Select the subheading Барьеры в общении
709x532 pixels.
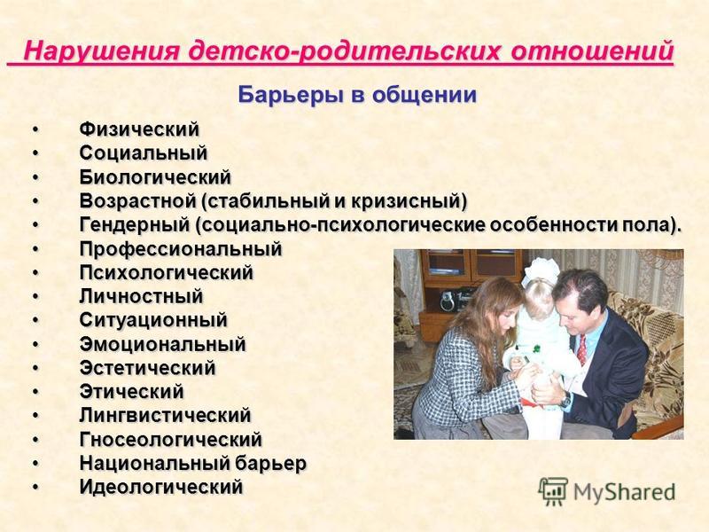click(x=357, y=96)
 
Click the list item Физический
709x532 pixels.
click(x=139, y=129)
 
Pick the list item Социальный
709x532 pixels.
click(x=144, y=153)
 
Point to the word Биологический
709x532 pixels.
click(x=155, y=176)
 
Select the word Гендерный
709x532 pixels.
click(x=135, y=225)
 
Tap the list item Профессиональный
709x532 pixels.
click(x=181, y=249)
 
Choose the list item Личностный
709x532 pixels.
click(x=141, y=296)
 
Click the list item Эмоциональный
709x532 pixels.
click(x=163, y=344)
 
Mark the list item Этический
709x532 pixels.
click(x=131, y=392)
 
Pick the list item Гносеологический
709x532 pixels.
click(x=171, y=439)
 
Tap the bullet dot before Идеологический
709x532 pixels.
click(x=35, y=487)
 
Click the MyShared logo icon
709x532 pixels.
click(x=552, y=492)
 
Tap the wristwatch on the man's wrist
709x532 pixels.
click(x=565, y=400)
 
